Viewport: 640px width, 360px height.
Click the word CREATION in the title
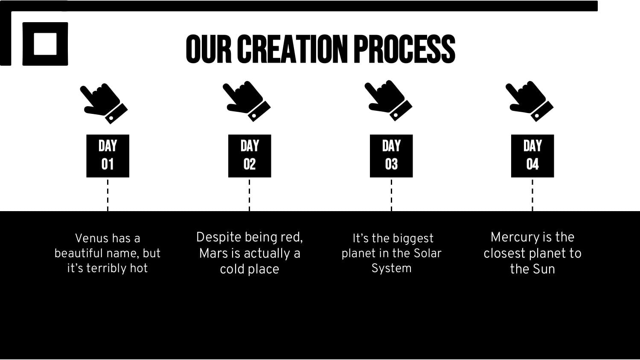[x=293, y=49]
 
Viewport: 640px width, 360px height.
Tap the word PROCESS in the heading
[x=404, y=49]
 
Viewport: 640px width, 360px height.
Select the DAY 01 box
[x=108, y=156]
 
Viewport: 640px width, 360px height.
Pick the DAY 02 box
[x=250, y=156]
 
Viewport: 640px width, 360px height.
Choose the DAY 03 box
[x=391, y=156]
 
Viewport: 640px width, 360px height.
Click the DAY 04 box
[x=532, y=156]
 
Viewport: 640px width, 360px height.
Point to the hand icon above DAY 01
[x=104, y=103]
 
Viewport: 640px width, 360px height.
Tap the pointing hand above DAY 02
[x=247, y=101]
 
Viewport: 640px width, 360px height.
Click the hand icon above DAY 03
[x=389, y=101]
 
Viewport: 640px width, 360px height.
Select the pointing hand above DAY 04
[x=530, y=101]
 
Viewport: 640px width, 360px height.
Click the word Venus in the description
[x=92, y=238]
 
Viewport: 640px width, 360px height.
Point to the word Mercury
[x=514, y=238]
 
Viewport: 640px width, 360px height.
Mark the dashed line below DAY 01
[x=108, y=195]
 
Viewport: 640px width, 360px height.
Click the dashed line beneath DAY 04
[x=532, y=195]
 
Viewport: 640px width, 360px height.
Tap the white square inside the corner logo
[x=45, y=44]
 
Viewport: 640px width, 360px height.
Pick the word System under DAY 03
[x=391, y=269]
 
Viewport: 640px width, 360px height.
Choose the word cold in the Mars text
[x=232, y=269]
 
